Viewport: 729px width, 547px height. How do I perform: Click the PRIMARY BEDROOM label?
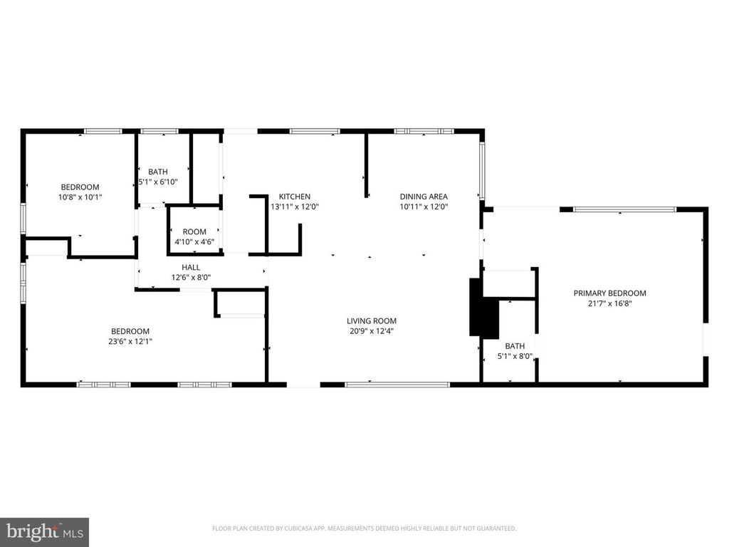(609, 293)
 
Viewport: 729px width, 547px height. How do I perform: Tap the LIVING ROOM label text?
(372, 321)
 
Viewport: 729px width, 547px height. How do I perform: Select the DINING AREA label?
(424, 197)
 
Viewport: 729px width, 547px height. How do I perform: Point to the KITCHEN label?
(294, 197)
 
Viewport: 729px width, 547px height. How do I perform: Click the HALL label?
(191, 267)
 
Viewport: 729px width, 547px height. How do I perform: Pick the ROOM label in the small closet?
(194, 231)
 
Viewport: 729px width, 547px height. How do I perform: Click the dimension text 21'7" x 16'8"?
(609, 303)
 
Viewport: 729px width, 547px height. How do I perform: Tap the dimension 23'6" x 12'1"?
(130, 341)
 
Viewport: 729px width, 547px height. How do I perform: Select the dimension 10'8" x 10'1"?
(80, 197)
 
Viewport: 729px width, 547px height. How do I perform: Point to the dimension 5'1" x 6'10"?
(158, 182)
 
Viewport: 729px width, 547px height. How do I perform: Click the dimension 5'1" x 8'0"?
(515, 356)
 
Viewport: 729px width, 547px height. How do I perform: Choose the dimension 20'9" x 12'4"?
(372, 331)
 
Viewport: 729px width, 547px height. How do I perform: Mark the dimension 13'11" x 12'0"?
(295, 207)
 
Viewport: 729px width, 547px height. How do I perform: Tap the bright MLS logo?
(44, 532)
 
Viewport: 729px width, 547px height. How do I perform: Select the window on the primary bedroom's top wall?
(624, 209)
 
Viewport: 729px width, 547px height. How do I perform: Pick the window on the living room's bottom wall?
(397, 385)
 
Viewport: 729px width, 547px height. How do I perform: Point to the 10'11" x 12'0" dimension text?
(424, 207)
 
